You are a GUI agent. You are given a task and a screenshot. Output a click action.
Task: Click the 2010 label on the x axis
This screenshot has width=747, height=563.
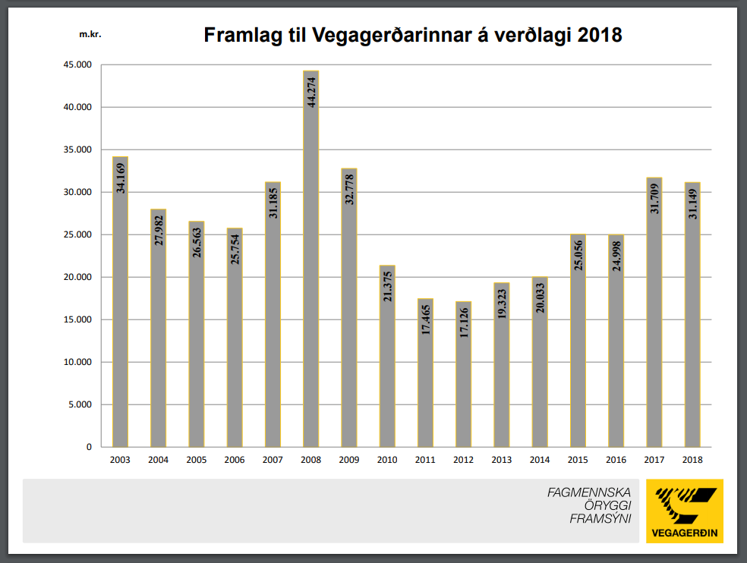click(387, 460)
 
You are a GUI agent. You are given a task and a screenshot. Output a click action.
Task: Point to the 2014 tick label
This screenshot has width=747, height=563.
click(540, 460)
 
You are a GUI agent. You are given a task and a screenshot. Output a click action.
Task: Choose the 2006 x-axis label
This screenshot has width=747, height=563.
click(235, 460)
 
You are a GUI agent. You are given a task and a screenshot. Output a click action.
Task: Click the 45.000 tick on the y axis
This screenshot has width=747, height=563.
click(77, 65)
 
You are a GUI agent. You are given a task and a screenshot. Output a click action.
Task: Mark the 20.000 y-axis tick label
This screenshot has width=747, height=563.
click(77, 277)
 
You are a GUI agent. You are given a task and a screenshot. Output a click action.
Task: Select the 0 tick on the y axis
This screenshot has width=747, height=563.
click(88, 447)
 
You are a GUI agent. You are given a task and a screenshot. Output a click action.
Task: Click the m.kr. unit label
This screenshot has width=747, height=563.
click(90, 34)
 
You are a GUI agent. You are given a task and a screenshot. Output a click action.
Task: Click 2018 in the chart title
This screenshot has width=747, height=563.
click(600, 35)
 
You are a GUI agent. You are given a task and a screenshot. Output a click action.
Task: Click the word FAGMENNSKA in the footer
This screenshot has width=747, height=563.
click(589, 492)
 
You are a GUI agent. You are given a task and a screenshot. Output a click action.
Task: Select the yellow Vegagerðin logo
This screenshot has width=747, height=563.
click(685, 511)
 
